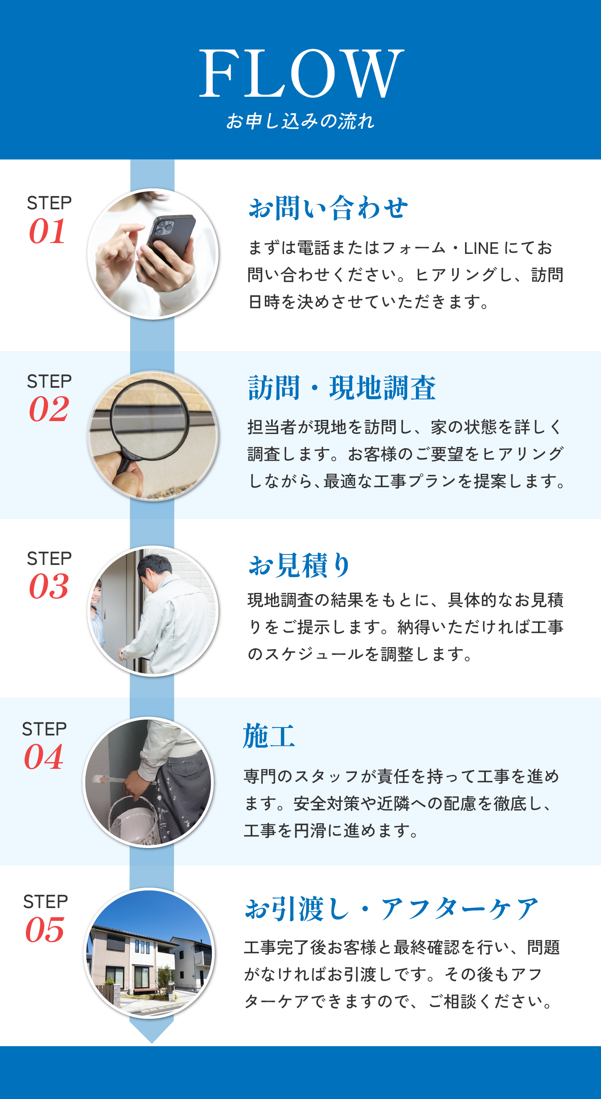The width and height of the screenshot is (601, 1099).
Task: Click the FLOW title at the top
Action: pyautogui.click(x=302, y=73)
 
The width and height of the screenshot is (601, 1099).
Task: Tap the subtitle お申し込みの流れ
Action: pyautogui.click(x=300, y=121)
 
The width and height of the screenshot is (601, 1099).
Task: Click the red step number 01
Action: pyautogui.click(x=48, y=231)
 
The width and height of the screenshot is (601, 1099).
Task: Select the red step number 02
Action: pyautogui.click(x=49, y=409)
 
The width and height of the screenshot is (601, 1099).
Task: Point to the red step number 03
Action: pyautogui.click(x=49, y=586)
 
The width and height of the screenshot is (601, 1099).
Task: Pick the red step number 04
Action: pyautogui.click(x=43, y=757)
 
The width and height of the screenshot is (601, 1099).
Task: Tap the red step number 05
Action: pyautogui.click(x=45, y=930)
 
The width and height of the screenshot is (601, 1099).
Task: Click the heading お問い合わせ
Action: pyautogui.click(x=328, y=208)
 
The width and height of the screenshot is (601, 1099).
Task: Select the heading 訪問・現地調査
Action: pyautogui.click(x=342, y=388)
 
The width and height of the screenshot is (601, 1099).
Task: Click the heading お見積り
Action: pyautogui.click(x=299, y=565)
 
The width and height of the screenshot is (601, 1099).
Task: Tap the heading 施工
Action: pyautogui.click(x=269, y=736)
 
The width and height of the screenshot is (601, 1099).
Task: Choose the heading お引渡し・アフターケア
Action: pyautogui.click(x=391, y=909)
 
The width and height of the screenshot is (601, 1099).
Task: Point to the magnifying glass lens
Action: pyautogui.click(x=149, y=420)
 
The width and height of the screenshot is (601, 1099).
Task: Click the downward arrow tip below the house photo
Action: pyautogui.click(x=151, y=1043)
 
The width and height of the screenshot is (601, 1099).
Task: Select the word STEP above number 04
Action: pyautogui.click(x=44, y=729)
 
